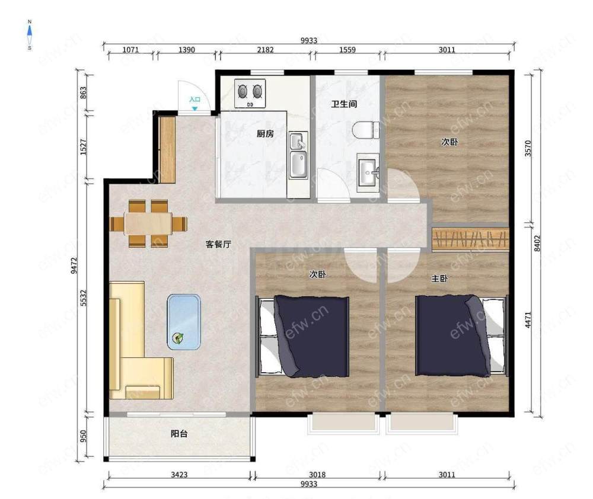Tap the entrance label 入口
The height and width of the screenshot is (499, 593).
point(195,100)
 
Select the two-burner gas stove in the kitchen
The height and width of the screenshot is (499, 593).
point(250,94)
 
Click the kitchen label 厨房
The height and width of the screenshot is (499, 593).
point(265,133)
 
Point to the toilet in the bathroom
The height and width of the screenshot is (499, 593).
point(366,130)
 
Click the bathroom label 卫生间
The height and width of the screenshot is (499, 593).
point(344,104)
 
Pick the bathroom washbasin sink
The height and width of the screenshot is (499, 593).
point(368,173)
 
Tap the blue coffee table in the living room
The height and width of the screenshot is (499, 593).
point(184,322)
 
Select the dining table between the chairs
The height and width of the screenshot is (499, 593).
point(148,224)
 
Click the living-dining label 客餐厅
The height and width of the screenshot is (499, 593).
point(218,244)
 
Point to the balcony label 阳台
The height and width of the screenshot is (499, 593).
point(179,434)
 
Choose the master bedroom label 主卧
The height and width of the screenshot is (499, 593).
point(440,279)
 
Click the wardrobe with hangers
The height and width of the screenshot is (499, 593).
point(470,239)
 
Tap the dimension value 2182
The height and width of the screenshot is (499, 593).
point(265,50)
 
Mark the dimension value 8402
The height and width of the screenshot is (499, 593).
point(538,243)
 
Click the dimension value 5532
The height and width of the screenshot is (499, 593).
point(84,298)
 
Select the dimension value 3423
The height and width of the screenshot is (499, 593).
point(179,475)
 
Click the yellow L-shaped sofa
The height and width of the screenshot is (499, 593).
point(141,340)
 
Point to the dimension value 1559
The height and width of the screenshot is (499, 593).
point(347,50)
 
